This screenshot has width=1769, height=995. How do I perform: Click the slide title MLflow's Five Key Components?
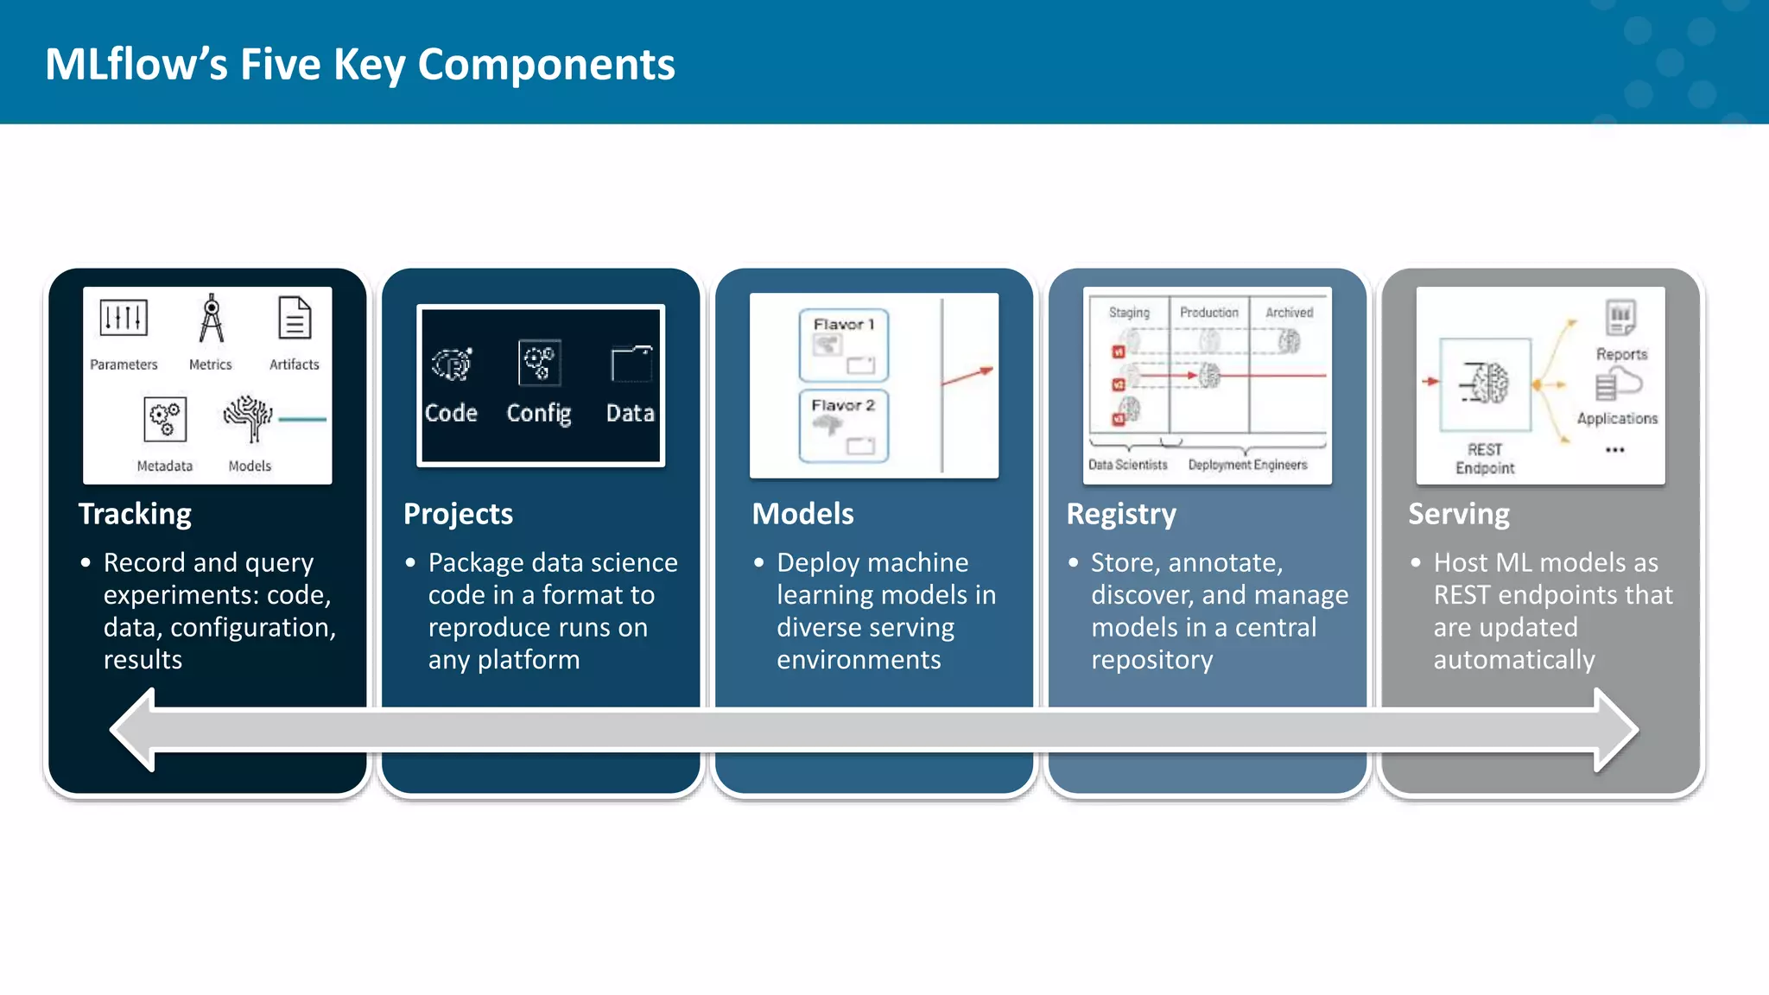(359, 65)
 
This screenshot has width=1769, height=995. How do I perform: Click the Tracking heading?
(135, 514)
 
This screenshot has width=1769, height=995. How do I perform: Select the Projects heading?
(458, 514)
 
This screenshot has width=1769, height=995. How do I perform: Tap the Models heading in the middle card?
(802, 514)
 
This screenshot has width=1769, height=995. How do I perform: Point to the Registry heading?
(1121, 514)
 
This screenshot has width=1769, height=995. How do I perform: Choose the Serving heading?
(1459, 514)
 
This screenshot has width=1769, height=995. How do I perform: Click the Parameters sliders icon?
(124, 318)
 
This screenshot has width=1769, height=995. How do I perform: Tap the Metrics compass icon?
(211, 319)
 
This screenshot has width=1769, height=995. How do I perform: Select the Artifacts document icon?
(295, 319)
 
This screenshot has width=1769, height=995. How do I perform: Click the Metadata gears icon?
(164, 420)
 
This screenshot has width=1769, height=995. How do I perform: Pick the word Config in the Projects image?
(538, 414)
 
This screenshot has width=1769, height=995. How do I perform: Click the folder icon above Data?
(631, 364)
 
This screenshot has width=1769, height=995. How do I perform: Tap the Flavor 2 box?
(844, 427)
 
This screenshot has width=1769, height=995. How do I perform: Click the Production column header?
(1208, 313)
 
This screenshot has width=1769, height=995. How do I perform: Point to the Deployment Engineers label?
(1247, 465)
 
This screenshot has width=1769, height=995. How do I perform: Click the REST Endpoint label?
(1485, 459)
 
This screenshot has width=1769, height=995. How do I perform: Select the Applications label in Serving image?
(1617, 419)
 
